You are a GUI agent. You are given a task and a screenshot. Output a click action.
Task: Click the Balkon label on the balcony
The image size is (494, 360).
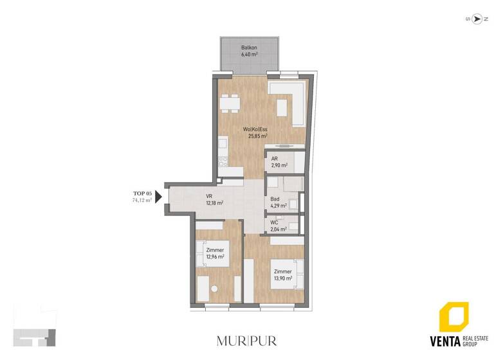(249, 48)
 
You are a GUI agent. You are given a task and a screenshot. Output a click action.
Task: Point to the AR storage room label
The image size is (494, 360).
(274, 158)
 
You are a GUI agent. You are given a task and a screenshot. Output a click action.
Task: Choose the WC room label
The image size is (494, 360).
(274, 222)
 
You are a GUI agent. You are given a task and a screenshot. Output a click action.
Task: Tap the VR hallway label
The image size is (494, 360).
(209, 196)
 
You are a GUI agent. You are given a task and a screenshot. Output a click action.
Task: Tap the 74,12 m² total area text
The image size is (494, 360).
(142, 201)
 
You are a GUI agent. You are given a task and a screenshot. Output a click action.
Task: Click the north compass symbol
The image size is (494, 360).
(477, 19)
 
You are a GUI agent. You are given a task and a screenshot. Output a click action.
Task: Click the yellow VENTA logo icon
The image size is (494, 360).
(453, 318)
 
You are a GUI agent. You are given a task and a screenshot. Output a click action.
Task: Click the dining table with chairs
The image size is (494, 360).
(230, 104)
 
